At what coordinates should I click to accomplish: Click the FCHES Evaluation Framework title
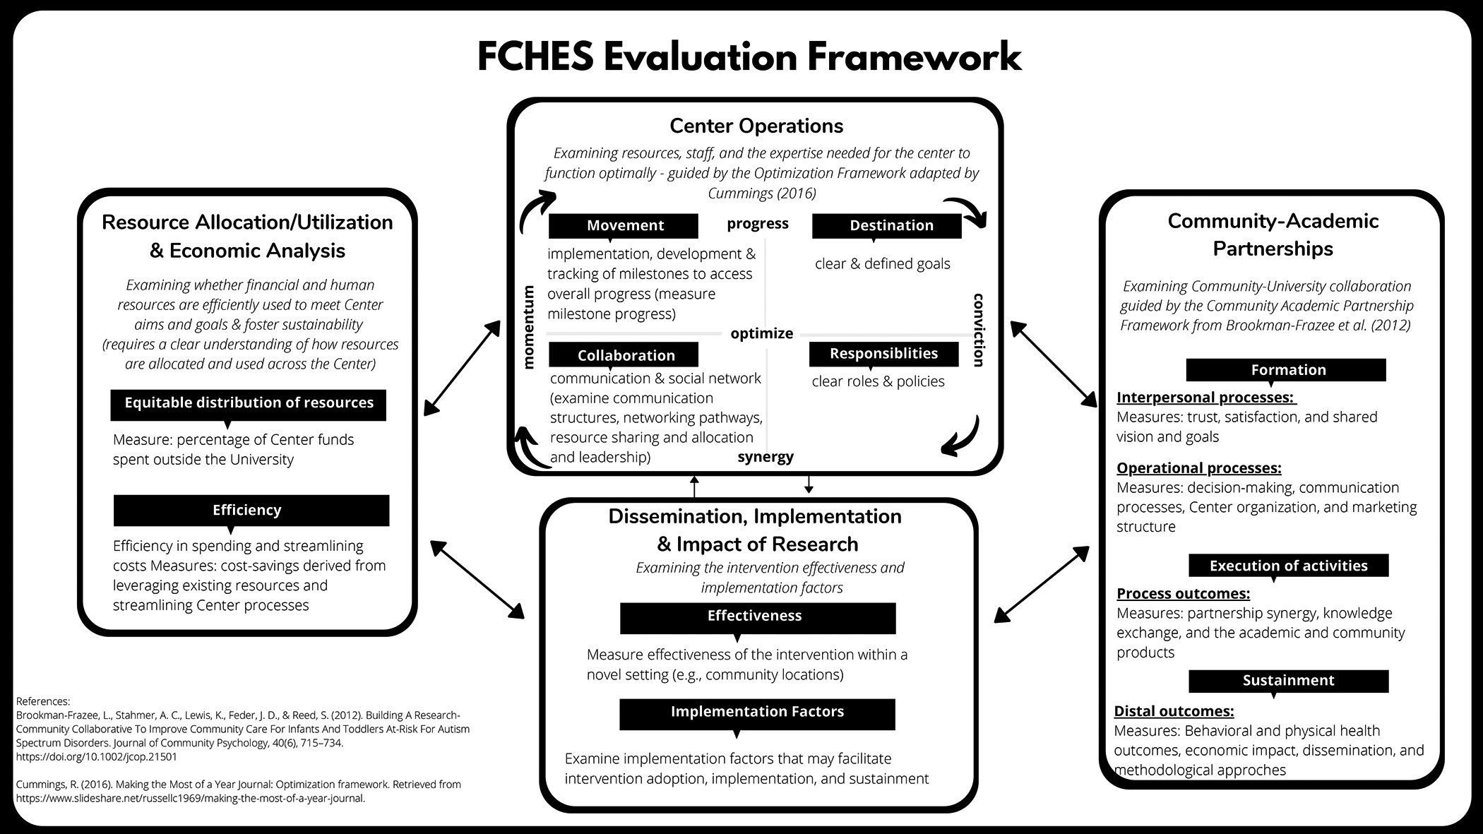tap(749, 56)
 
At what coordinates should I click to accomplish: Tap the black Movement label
tap(624, 225)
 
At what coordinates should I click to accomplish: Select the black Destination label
tap(891, 225)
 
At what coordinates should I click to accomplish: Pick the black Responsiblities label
tap(883, 353)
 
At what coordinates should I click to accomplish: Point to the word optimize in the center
tap(761, 333)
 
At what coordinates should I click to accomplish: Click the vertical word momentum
tap(528, 326)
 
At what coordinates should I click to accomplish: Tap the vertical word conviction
tap(978, 330)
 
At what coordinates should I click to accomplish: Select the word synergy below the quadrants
tap(766, 457)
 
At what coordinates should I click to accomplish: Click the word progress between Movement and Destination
tap(758, 223)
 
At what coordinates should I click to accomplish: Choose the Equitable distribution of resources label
tap(249, 403)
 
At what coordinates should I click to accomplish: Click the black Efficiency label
tap(247, 510)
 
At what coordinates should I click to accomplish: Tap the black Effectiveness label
tap(754, 616)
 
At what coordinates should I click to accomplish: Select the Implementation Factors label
tap(757, 712)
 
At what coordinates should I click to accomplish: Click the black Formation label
tap(1288, 370)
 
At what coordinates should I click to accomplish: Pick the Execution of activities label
tap(1288, 566)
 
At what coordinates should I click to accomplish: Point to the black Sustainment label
tap(1288, 680)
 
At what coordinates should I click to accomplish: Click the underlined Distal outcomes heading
tap(1174, 711)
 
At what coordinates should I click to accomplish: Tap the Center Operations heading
tap(756, 126)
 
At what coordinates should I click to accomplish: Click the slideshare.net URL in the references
tap(191, 799)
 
